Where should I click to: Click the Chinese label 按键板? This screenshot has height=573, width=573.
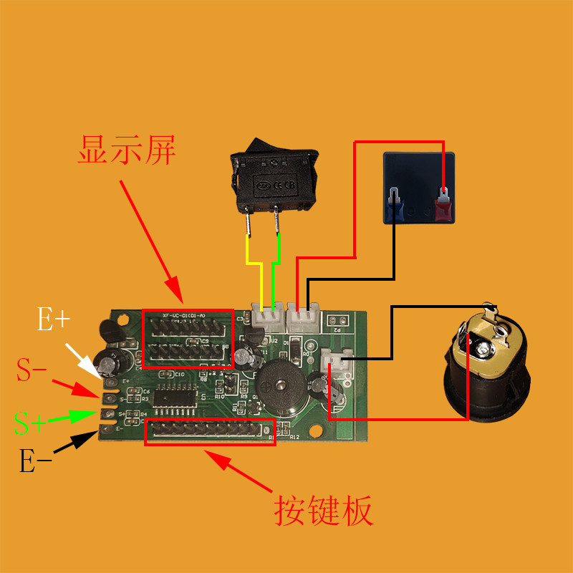324,511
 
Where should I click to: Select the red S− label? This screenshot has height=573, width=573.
32,371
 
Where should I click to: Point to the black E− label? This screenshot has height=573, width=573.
36,462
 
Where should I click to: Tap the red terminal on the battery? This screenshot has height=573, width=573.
443,206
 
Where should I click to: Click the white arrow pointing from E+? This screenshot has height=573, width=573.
85,360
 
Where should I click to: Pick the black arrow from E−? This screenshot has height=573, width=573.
77,443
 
